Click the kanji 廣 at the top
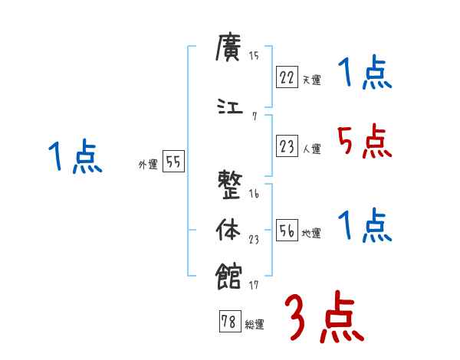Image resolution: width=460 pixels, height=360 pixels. (232, 51)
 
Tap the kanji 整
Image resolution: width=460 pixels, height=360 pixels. (232, 185)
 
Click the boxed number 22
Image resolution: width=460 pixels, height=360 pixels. (287, 77)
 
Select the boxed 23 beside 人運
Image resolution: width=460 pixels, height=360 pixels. (287, 147)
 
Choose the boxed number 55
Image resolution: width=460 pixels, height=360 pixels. (173, 162)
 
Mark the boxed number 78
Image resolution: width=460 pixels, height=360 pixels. (228, 322)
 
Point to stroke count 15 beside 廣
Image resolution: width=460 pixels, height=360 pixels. (254, 55)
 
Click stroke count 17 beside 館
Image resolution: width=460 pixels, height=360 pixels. (254, 286)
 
